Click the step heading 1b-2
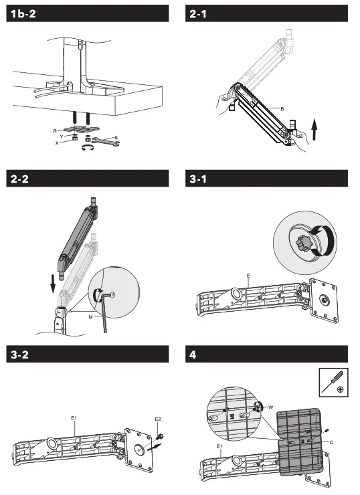pos(23,14)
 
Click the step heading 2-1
pos(198,14)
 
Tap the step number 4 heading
pos(193,355)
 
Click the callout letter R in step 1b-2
pos(55,130)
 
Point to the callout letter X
pos(57,143)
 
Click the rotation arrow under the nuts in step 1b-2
pos(88,148)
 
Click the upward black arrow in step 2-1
pos(314,129)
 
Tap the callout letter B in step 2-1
pos(282,109)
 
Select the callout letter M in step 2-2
pos(90,317)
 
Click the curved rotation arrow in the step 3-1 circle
pos(324,240)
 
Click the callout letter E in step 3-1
pos(248,276)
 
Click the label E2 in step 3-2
pos(158,419)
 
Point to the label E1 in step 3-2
pos(74,418)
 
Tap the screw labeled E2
pos(159,437)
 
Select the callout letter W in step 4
pos(270,407)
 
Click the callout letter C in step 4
pos(331,443)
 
